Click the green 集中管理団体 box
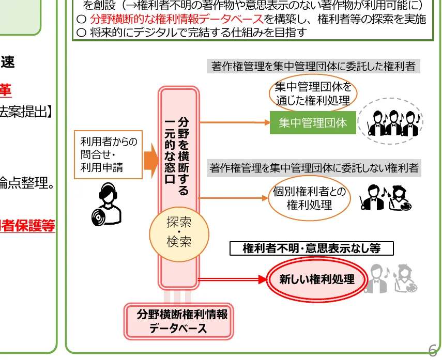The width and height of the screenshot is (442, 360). point(313,123)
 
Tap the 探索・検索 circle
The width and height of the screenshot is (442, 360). point(179,232)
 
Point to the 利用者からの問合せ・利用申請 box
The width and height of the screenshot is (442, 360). point(108,154)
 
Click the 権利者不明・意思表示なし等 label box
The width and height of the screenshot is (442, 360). point(311,248)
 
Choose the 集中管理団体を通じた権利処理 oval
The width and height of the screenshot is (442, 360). point(313,94)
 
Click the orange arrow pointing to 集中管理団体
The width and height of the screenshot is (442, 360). point(235,123)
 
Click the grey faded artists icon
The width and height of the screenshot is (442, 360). point(393,279)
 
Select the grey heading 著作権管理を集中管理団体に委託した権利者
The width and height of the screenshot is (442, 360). point(313,67)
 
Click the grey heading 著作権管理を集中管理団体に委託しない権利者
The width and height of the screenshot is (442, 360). point(314,168)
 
